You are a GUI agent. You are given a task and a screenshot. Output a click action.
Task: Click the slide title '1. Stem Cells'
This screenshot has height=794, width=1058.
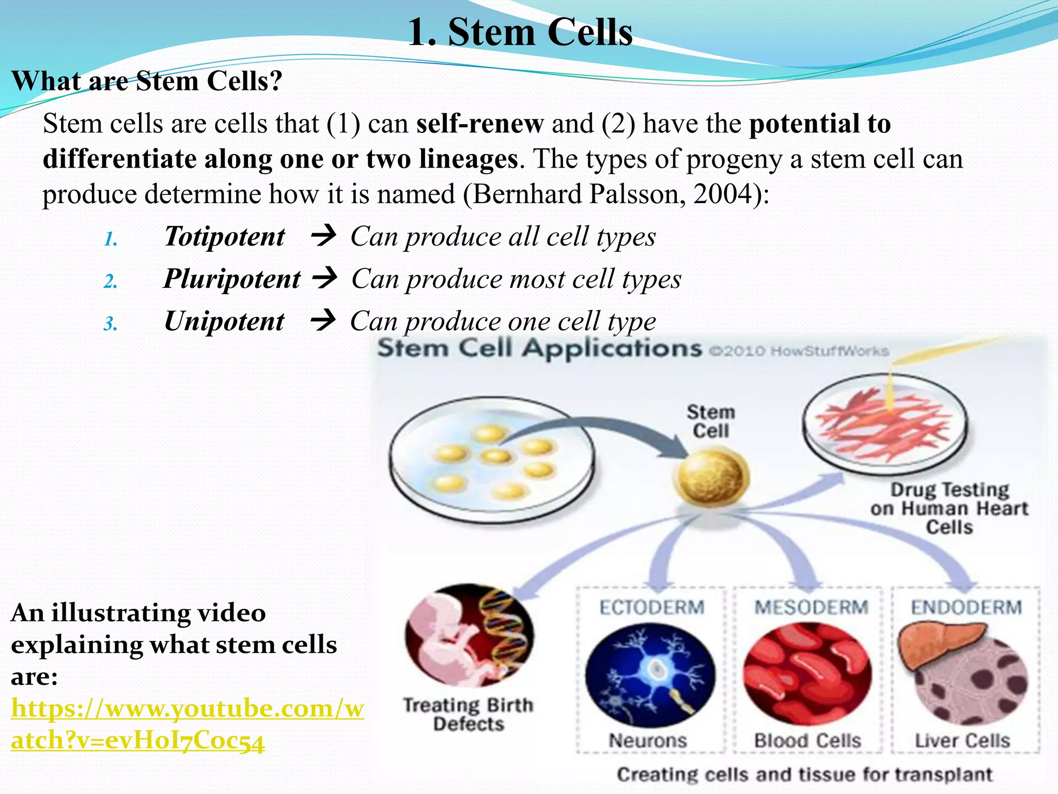520,32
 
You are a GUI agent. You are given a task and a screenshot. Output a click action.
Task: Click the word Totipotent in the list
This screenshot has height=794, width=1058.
224,237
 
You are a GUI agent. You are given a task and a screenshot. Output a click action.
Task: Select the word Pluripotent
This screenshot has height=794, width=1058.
231,279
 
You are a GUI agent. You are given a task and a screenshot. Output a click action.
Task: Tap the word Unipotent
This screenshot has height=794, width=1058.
224,322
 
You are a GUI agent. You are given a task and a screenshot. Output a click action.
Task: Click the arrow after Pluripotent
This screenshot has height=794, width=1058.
325,278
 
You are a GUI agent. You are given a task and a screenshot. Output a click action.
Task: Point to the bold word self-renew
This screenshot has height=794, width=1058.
479,124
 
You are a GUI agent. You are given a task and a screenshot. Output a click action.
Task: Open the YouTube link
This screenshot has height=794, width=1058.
187,724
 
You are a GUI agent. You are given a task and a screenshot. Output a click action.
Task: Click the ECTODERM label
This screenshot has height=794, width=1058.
651,607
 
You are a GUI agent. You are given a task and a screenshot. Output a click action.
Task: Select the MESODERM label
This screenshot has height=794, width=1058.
811,607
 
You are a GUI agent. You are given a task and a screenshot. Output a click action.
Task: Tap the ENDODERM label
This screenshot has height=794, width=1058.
966,607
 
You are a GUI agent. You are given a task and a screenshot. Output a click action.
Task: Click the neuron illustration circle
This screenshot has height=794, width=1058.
650,674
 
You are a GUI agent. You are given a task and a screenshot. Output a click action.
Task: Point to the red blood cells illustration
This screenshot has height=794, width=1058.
807,674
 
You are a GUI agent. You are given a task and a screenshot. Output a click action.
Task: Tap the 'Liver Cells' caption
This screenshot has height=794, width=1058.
962,740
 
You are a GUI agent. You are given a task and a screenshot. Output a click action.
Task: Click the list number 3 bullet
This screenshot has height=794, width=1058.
111,324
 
